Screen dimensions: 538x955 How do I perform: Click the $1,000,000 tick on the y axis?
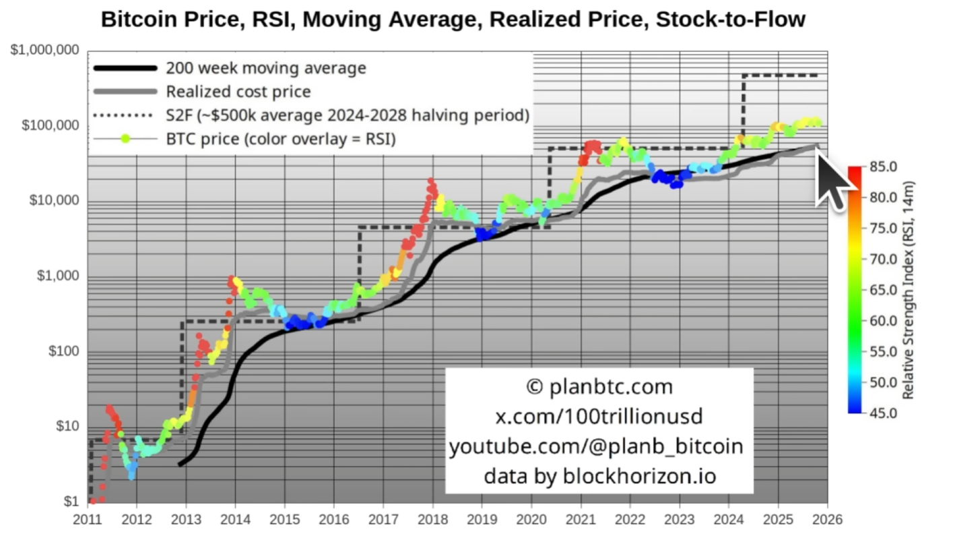point(45,51)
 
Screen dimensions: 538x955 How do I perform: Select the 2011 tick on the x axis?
point(88,520)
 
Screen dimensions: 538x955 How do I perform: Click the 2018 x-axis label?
point(432,520)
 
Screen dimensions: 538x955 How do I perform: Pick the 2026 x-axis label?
point(827,520)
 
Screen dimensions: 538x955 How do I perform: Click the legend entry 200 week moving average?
point(266,68)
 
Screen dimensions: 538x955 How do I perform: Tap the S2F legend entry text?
point(348,115)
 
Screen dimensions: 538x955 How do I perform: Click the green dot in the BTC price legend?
point(125,139)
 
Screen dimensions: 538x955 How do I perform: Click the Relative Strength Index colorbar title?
point(909,290)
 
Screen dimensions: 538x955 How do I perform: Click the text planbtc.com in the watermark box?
point(610,387)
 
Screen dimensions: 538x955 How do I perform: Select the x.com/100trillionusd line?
point(599,417)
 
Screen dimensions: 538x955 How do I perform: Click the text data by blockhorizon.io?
point(599,476)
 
